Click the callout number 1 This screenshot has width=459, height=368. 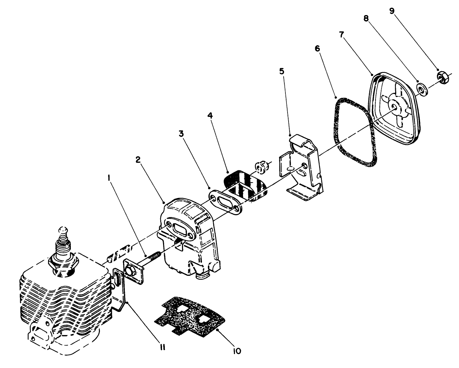tap(109, 178)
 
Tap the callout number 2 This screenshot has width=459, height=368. tap(138, 159)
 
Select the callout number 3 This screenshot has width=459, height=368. tap(181, 134)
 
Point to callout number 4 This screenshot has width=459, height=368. tap(210, 116)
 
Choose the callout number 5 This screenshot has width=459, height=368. tap(282, 71)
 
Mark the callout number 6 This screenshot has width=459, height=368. tap(318, 49)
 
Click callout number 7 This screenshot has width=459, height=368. tap(342, 34)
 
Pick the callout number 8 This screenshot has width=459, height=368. tap(366, 19)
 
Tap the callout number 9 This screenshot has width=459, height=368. tap(392, 11)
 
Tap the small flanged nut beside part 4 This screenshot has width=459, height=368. tap(261, 167)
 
